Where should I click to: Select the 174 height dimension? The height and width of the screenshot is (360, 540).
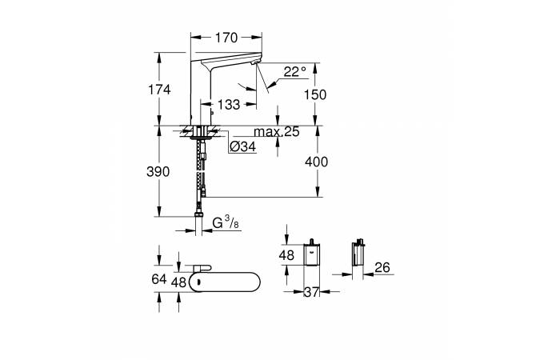tap(160, 90)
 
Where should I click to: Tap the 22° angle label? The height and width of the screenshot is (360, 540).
tap(294, 72)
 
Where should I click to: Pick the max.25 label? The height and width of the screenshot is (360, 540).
tap(276, 132)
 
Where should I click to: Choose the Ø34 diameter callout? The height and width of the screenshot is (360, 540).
tap(242, 147)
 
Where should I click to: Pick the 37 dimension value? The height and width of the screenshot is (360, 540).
tap(311, 293)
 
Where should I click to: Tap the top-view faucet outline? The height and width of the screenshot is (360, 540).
tap(232, 282)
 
